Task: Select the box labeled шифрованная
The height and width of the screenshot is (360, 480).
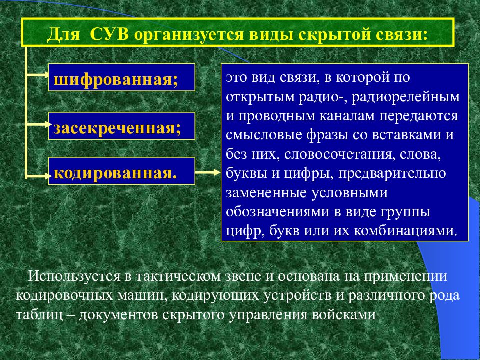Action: [x=122, y=77]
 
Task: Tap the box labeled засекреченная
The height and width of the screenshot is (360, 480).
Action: [x=122, y=126]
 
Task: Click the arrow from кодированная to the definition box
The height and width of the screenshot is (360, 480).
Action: [x=208, y=172]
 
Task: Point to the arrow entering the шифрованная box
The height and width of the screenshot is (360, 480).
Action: [x=37, y=74]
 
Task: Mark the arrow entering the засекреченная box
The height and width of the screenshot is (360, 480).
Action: [x=38, y=124]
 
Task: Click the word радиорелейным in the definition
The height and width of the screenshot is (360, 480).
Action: [x=406, y=96]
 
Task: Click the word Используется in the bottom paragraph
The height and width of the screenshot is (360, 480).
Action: [x=74, y=276]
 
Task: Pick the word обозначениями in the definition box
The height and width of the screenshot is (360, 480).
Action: [x=277, y=212]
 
